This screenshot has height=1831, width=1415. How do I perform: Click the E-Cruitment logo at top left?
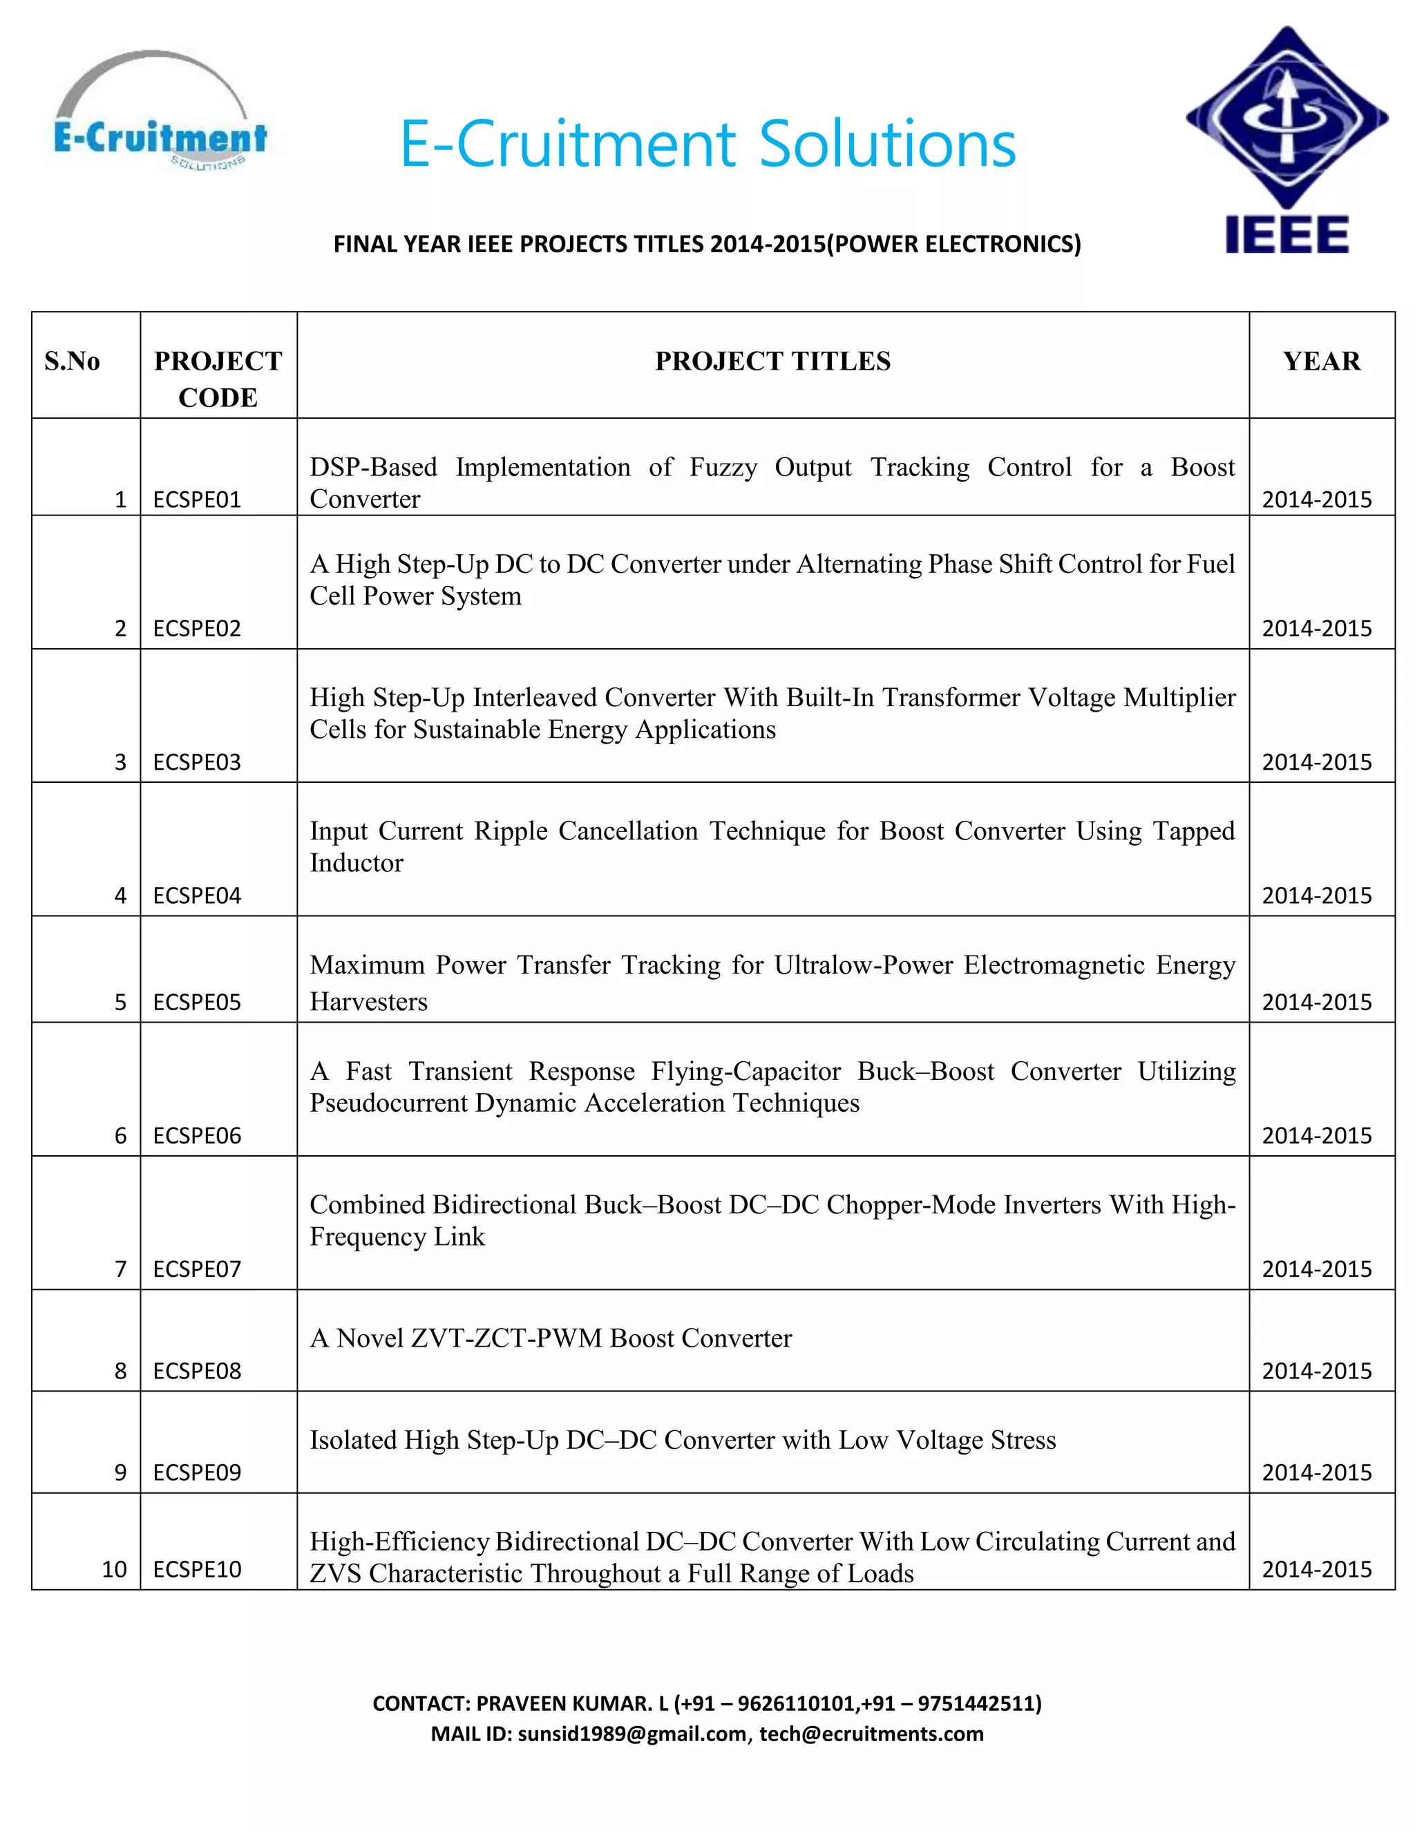pos(160,113)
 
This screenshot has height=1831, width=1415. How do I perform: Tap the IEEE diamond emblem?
pos(1286,117)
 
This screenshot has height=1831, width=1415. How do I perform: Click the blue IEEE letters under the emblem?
pos(1286,234)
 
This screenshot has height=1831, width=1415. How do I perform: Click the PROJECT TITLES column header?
pos(772,361)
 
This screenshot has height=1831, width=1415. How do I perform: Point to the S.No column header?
pos(72,361)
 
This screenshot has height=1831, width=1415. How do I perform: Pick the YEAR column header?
pos(1321,361)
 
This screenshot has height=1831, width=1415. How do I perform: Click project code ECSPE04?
pos(197,895)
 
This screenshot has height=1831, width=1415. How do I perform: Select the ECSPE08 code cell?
pos(197,1371)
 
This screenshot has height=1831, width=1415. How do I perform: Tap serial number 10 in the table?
pos(114,1569)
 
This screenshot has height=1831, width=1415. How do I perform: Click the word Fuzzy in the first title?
pos(722,467)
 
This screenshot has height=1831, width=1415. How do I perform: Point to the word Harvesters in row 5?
pos(368,1002)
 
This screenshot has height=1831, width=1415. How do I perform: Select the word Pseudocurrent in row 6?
pos(388,1103)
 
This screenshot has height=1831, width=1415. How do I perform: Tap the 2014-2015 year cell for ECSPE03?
pos(1316,762)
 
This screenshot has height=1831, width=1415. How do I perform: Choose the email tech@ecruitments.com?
pos(871,1734)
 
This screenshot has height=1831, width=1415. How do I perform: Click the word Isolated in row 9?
pos(353,1439)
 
